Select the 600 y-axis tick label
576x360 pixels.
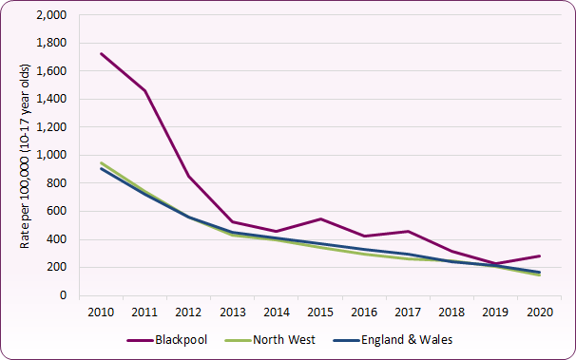pos(59,212)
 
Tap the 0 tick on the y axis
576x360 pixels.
pos(66,295)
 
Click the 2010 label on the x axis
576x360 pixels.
pos(101,311)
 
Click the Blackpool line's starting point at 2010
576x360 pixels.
pos(101,54)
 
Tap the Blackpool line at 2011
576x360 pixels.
pos(145,91)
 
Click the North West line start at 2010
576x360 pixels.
pos(101,162)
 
